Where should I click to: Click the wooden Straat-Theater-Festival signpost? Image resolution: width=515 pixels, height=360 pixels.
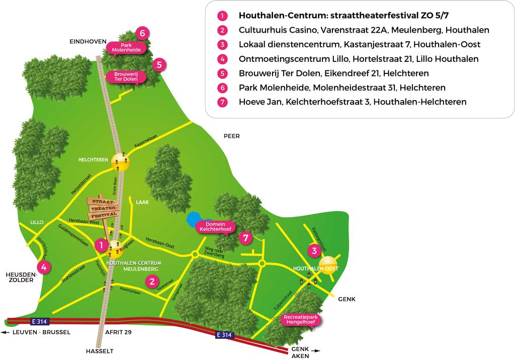104,208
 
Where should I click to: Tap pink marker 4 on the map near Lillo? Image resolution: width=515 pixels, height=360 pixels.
44,267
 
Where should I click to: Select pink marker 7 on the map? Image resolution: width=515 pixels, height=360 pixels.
245,238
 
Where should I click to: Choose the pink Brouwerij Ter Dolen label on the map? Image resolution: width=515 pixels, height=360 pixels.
126,76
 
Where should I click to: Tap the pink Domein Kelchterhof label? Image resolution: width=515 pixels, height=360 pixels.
216,227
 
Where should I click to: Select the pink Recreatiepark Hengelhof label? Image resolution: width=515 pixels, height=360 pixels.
301,320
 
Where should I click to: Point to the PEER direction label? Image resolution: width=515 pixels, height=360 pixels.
232,136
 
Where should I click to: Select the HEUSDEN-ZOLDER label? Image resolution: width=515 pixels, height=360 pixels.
19,277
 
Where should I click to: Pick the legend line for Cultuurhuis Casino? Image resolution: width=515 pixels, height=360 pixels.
364,30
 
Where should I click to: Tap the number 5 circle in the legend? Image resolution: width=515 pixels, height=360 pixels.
222,73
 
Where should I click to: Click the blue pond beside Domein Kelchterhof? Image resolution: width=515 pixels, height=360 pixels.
193,220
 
